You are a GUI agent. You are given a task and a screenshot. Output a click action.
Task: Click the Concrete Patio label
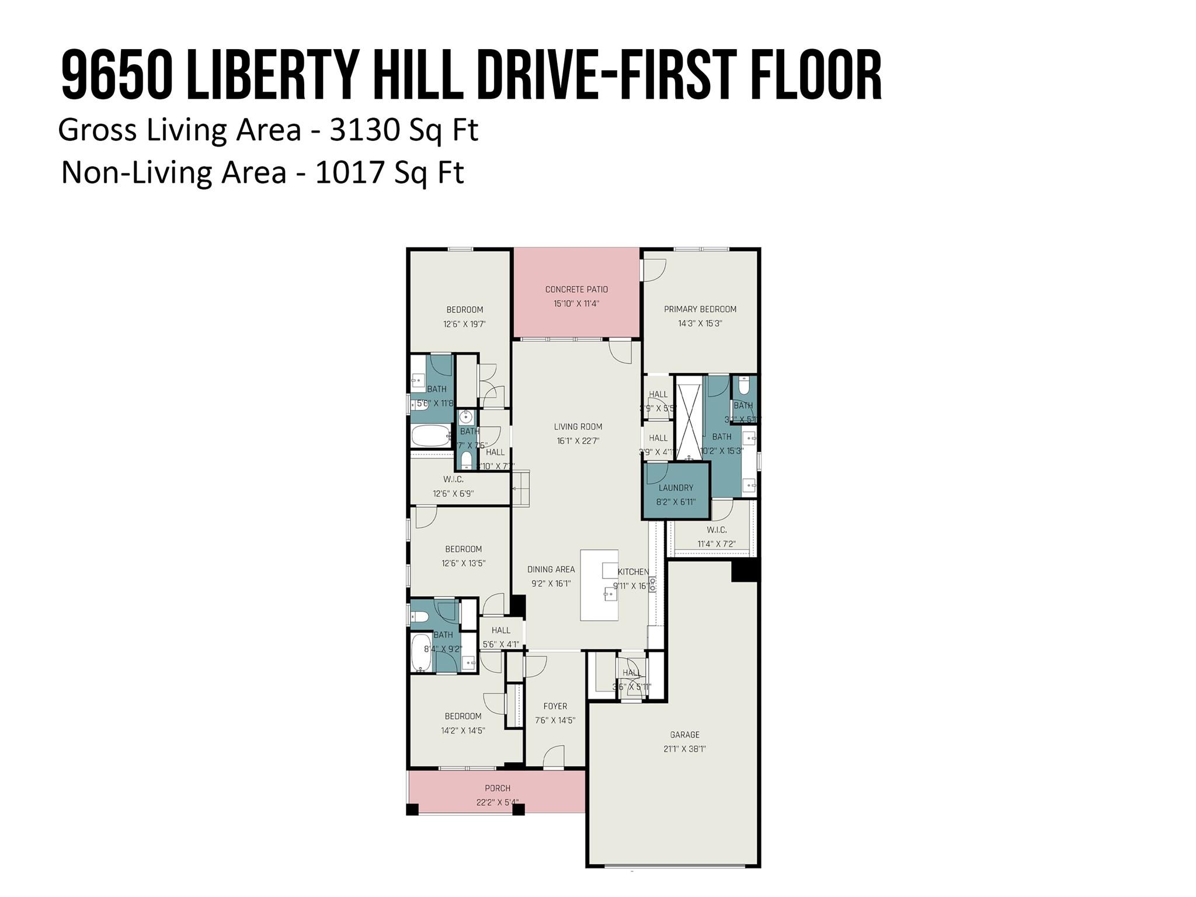click(x=576, y=289)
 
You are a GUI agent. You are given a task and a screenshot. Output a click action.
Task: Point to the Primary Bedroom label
click(x=700, y=309)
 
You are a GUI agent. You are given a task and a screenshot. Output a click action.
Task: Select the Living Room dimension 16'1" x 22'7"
click(x=578, y=441)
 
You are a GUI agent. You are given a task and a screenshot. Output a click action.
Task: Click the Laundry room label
click(x=676, y=488)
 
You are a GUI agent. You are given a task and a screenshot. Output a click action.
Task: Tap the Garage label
click(x=684, y=735)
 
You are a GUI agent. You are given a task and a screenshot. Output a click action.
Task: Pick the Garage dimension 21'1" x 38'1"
click(x=684, y=749)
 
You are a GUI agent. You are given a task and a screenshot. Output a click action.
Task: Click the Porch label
click(x=498, y=788)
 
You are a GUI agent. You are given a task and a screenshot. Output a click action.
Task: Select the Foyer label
click(x=555, y=706)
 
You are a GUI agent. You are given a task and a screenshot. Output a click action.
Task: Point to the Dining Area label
click(x=551, y=569)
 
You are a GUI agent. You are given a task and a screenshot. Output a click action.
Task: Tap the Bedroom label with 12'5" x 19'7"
click(x=464, y=310)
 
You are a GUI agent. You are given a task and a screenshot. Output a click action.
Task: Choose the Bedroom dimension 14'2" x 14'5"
click(x=463, y=730)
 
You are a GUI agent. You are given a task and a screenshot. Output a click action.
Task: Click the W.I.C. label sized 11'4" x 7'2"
click(x=717, y=530)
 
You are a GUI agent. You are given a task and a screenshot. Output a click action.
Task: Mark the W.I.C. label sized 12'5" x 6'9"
click(x=453, y=479)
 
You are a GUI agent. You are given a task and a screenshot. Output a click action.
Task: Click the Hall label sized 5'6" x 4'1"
click(x=500, y=630)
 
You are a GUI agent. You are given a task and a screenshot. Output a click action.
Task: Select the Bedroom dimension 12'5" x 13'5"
click(x=464, y=563)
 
